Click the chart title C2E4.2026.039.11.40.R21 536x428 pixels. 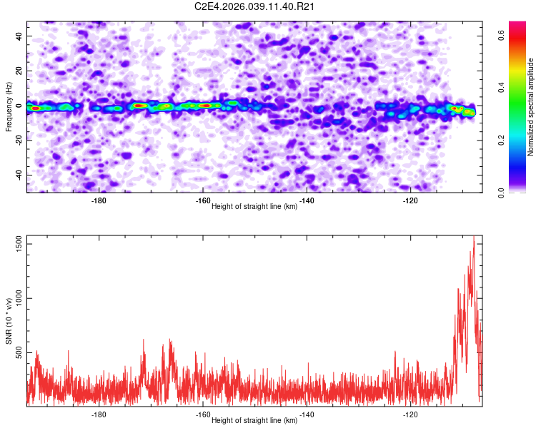[x=255, y=7]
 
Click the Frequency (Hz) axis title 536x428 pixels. [x=9, y=107]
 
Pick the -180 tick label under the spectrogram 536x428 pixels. [x=99, y=201]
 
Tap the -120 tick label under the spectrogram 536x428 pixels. [x=410, y=201]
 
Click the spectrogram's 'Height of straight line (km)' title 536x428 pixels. [x=254, y=207]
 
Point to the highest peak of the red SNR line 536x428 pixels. [x=474, y=237]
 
